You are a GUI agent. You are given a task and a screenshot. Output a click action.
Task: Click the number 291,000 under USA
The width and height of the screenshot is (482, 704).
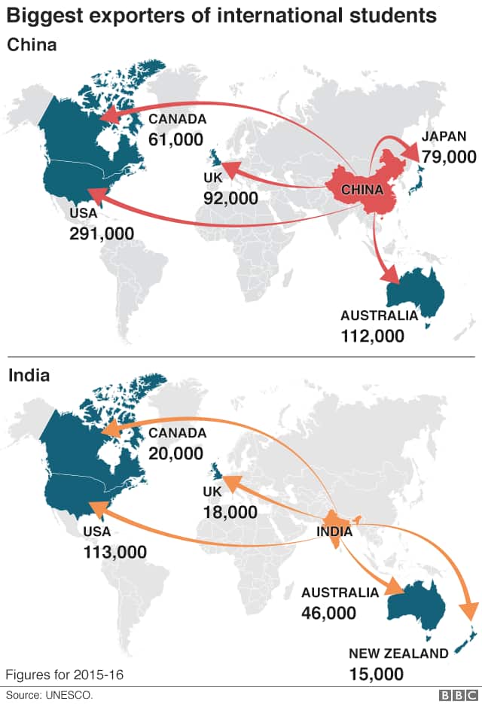[101, 233]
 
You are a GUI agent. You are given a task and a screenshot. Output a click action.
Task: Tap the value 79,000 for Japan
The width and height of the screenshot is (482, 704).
[449, 157]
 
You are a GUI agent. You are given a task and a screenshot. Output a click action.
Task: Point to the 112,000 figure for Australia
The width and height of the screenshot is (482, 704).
[372, 336]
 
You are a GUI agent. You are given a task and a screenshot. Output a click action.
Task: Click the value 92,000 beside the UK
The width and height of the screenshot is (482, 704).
[230, 198]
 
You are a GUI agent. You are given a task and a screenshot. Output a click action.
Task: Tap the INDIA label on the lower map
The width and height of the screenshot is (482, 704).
[335, 532]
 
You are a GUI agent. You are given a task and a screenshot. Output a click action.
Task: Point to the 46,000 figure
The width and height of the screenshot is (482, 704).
[328, 613]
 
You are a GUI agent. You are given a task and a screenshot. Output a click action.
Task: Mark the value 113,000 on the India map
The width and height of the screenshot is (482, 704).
[114, 552]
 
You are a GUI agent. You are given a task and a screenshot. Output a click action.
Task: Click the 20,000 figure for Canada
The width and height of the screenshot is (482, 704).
[175, 453]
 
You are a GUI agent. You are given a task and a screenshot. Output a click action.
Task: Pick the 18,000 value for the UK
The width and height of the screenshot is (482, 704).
[230, 512]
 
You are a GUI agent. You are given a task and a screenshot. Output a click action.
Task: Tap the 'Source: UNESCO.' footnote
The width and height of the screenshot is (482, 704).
[50, 694]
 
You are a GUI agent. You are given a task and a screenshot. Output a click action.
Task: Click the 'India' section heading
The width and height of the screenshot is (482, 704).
[29, 375]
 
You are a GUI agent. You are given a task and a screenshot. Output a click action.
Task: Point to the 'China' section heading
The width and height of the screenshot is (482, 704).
[32, 45]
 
